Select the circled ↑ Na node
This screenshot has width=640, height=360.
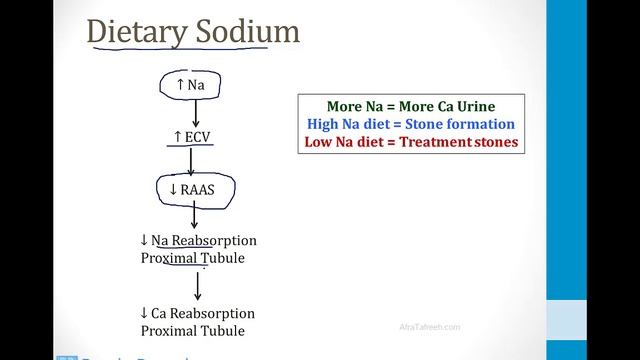click(x=190, y=86)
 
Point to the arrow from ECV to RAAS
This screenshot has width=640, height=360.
click(x=190, y=160)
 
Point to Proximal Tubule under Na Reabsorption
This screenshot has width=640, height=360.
click(x=191, y=259)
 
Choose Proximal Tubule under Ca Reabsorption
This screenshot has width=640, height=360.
click(x=191, y=330)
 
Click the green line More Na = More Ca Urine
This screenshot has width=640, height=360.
click(x=410, y=106)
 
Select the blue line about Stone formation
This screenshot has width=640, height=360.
click(x=410, y=124)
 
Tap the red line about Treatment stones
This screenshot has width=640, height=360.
click(x=410, y=142)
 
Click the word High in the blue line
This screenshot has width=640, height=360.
click(x=324, y=124)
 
